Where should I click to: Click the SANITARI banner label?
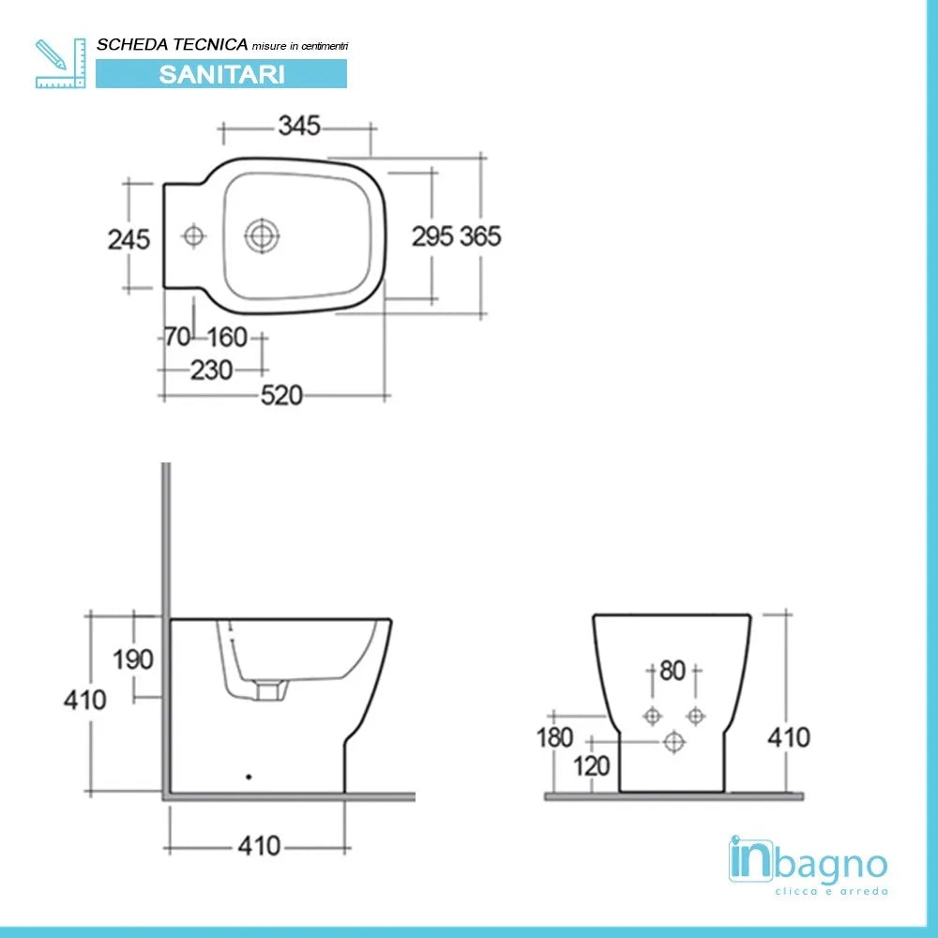point(221,74)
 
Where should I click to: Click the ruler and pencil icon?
point(59,63)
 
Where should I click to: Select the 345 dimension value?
point(299,125)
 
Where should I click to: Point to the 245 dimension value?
point(129,239)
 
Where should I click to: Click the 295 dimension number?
point(432,236)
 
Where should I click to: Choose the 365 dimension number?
point(480,236)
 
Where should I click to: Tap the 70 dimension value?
point(177,337)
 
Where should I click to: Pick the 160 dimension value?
point(226,337)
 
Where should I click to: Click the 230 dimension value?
point(211,371)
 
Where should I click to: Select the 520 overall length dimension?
point(281,396)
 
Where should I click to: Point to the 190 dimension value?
point(133,659)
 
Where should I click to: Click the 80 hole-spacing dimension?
point(673,671)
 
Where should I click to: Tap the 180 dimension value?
point(554,738)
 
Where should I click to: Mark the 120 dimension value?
point(592,766)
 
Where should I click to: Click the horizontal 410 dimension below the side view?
point(259,846)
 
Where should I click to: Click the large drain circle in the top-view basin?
point(260,235)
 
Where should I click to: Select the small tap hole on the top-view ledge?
point(194,235)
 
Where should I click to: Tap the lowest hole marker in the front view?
point(673,743)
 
